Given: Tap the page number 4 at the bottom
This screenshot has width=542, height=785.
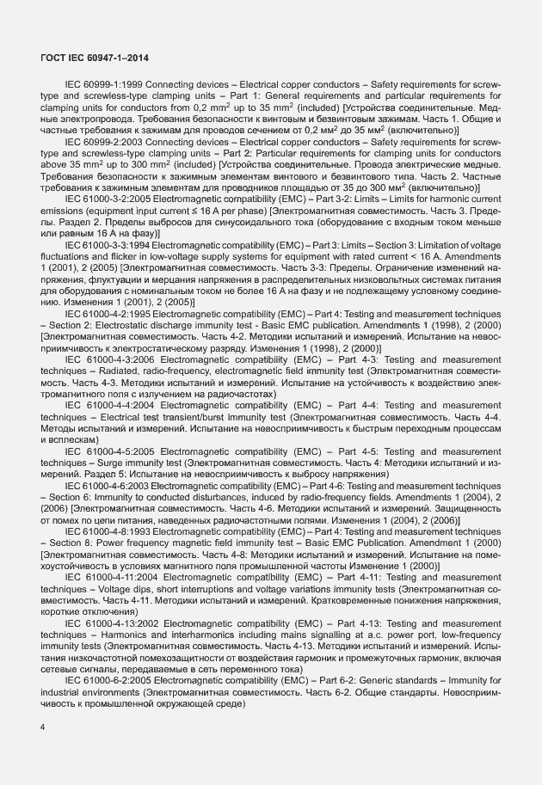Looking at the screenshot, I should (x=42, y=727).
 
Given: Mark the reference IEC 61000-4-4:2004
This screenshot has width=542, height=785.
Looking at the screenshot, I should (x=109, y=403).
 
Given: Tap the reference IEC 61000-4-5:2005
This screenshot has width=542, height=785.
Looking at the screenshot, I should (x=109, y=451).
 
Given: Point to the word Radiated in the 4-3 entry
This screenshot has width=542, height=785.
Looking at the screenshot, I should (x=120, y=370).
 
